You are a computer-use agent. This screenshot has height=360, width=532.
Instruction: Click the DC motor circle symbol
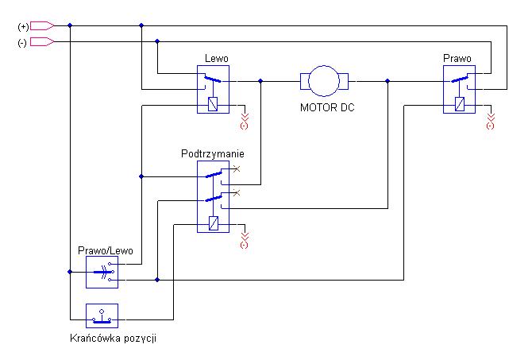coord(324,66)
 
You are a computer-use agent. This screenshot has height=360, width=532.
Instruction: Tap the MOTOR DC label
coord(327,107)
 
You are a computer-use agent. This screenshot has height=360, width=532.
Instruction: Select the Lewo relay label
coord(217,59)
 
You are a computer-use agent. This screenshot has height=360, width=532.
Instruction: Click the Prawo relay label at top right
coord(457,59)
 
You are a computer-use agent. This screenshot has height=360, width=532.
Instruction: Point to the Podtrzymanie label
coord(212,154)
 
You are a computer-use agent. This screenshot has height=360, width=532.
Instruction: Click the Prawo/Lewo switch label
coord(105,250)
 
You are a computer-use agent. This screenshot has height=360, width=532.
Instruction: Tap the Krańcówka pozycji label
coord(113,339)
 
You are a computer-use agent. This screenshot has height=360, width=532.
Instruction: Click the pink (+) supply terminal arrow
coord(42,25)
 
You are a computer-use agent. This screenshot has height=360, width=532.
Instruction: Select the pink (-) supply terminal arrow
coord(42,42)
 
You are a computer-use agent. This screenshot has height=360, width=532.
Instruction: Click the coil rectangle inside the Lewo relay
coord(213,104)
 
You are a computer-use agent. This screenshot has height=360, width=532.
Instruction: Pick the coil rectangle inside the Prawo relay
coord(460,104)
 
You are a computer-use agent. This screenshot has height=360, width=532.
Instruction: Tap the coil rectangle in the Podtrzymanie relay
coord(214,223)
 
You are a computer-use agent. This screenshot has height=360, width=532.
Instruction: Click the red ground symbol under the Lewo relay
coord(245,122)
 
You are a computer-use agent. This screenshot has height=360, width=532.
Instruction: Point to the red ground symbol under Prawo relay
coord(490,122)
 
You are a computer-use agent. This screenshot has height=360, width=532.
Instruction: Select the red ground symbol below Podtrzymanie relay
coord(245,241)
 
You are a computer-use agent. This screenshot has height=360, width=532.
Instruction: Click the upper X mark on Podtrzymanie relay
coord(237,168)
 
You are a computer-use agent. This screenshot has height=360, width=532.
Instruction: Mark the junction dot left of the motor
coord(260,81)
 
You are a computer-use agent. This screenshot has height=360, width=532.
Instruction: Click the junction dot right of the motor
coord(387,81)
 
